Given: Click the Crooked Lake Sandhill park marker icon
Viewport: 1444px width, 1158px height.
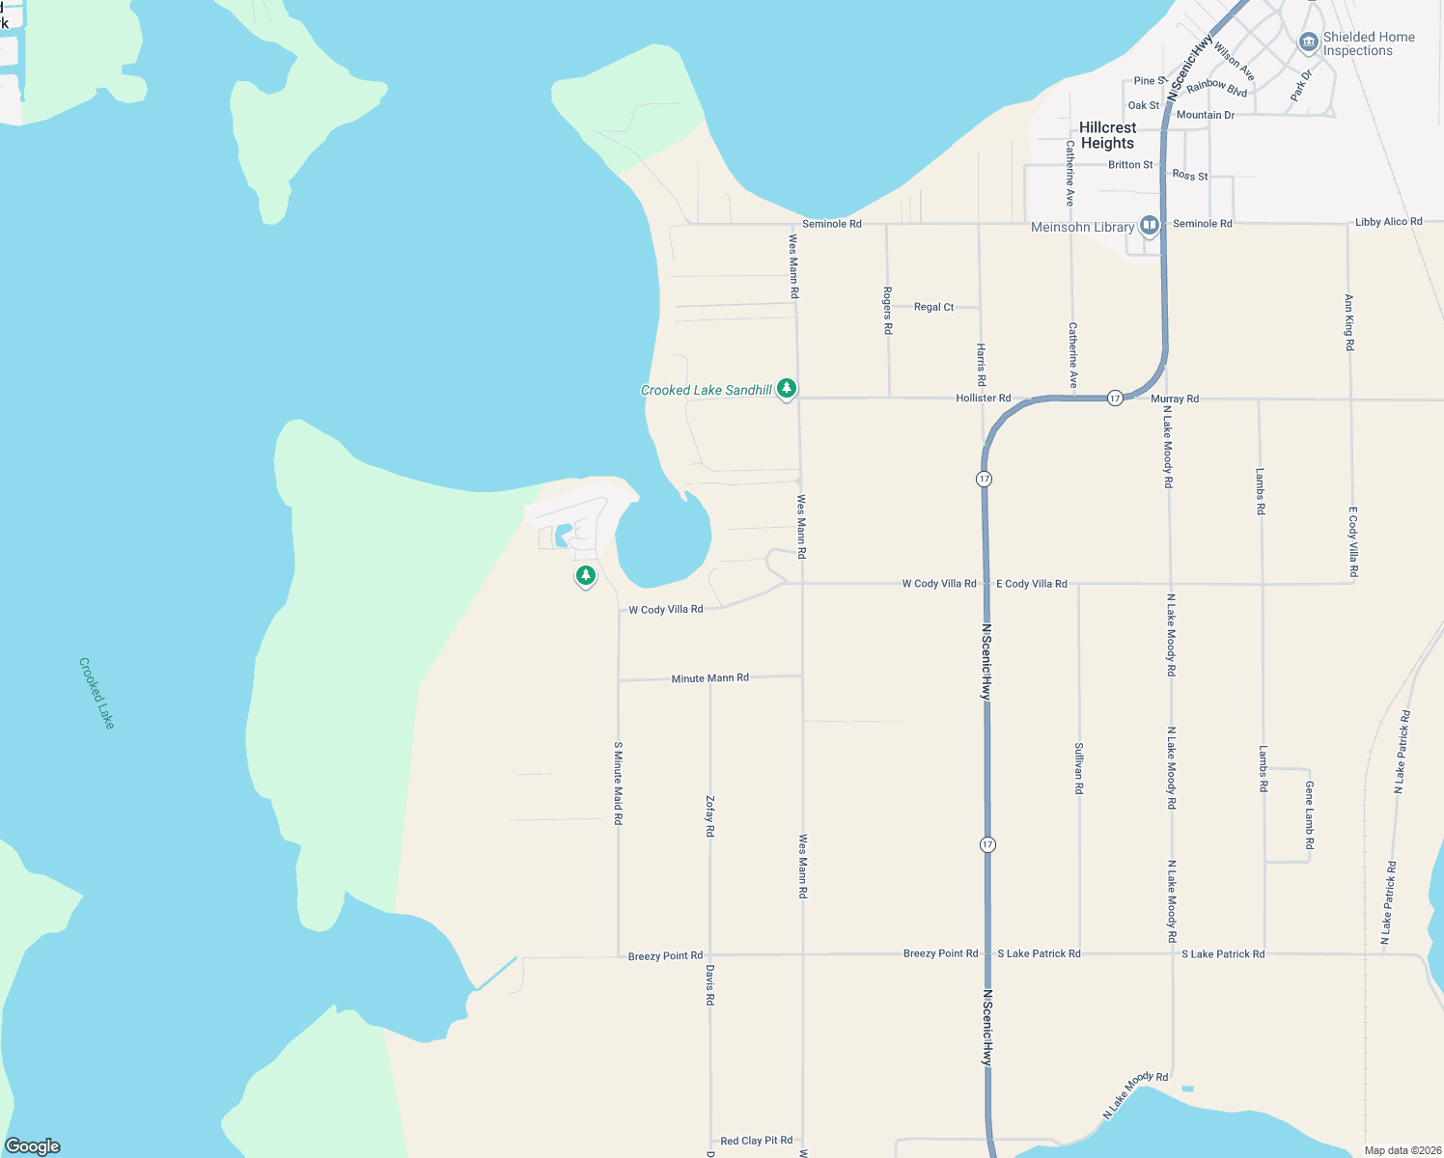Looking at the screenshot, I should [787, 389].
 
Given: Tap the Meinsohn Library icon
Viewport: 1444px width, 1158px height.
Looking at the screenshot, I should [1149, 226].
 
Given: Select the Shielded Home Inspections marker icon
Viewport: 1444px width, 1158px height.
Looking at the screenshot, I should [1308, 42].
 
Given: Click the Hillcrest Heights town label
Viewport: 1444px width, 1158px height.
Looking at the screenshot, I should [1107, 135].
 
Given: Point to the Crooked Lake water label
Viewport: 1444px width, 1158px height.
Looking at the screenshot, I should [97, 693].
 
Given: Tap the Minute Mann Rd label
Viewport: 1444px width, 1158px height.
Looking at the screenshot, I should [709, 678].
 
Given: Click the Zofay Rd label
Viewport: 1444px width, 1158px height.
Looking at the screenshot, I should [709, 815].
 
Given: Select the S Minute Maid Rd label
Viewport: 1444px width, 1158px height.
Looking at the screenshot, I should [618, 783].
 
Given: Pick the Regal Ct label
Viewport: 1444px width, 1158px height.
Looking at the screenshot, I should [933, 307].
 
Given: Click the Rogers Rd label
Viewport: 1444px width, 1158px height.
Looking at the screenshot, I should [887, 310].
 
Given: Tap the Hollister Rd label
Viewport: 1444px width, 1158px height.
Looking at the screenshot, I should [983, 398].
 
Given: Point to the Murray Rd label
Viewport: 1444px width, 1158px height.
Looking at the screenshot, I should [1174, 399].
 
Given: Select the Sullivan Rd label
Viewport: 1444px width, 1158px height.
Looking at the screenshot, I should [1078, 768].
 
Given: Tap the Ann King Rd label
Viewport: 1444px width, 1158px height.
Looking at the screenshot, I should [1348, 322].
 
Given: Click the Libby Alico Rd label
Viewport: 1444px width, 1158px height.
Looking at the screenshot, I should [1388, 222].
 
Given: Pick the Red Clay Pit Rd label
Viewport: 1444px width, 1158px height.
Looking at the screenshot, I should [756, 1141].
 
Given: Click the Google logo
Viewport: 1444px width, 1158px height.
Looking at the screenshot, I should [33, 1146].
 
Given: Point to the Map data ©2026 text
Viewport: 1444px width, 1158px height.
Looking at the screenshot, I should [1400, 1150].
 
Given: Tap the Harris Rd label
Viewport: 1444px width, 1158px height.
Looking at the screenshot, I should [981, 365].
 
